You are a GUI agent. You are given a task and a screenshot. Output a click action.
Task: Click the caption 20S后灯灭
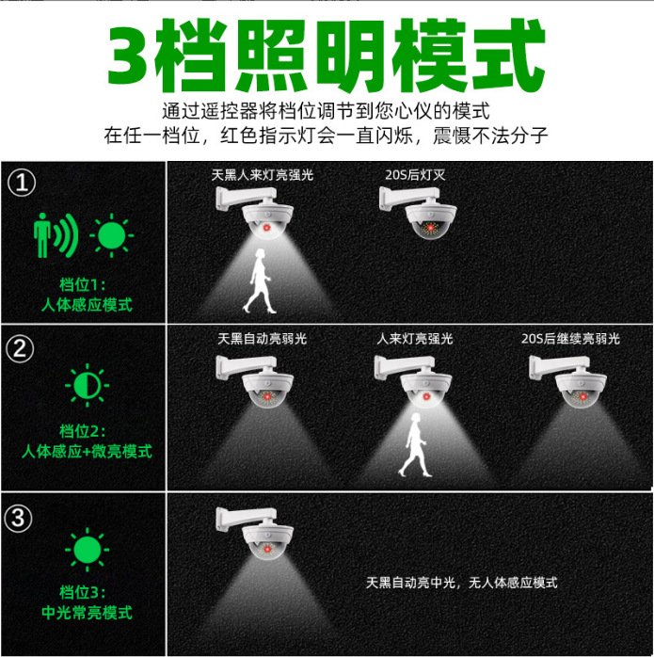[416, 175]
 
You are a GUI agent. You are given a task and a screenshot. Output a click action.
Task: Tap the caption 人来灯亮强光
[415, 338]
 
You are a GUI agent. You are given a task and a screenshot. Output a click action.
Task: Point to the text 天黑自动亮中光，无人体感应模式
[461, 583]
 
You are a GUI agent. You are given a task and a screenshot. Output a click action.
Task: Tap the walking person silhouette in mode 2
[410, 449]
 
